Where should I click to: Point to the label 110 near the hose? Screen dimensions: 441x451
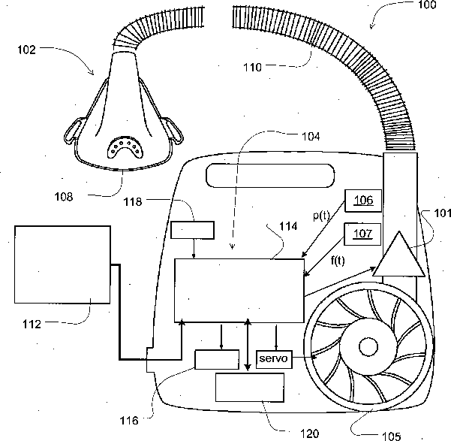click(252, 67)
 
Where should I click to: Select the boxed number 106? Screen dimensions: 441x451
click(363, 200)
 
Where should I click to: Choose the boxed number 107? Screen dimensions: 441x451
click(363, 234)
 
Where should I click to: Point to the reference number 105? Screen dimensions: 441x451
click(390, 434)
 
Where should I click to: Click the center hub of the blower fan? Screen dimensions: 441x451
click(368, 346)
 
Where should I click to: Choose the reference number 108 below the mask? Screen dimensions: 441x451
click(65, 198)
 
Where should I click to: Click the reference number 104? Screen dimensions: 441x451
click(308, 137)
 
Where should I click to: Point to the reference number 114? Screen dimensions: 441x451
click(289, 225)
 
